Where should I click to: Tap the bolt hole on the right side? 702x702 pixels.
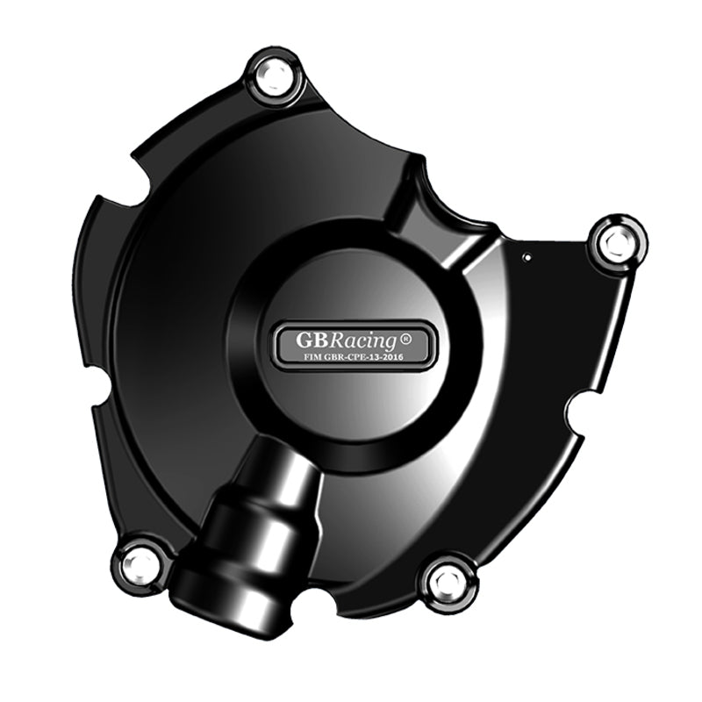click(x=618, y=241)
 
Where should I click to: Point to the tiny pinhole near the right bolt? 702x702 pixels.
click(x=526, y=258)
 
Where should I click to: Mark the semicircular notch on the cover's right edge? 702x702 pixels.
click(x=577, y=410)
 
